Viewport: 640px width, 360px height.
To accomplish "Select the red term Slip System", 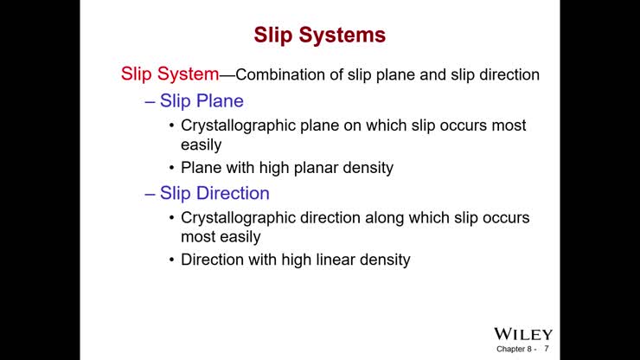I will (x=170, y=74).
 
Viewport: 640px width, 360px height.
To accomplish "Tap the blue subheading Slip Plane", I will (x=202, y=101).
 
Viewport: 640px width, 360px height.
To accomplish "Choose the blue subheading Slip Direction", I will (x=214, y=193).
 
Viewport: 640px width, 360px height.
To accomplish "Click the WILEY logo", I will (x=523, y=334).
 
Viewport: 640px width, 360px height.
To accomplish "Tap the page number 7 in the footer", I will (x=547, y=350).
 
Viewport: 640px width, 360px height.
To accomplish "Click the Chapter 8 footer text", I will (x=515, y=350).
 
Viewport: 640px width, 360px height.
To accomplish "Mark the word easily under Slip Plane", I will (x=201, y=145).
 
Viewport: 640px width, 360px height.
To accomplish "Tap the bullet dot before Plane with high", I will (x=171, y=168).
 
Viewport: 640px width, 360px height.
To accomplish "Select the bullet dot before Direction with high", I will (x=171, y=260).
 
